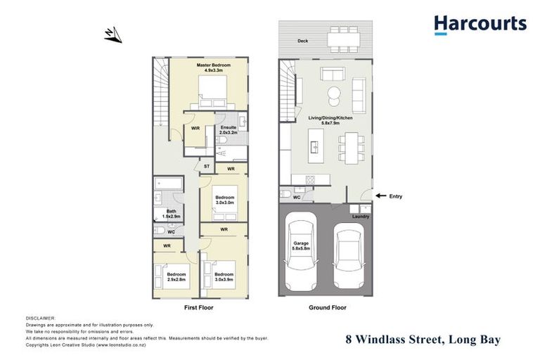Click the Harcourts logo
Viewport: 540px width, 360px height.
click(x=480, y=25)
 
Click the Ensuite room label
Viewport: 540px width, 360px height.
click(x=229, y=128)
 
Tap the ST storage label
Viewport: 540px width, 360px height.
click(x=206, y=166)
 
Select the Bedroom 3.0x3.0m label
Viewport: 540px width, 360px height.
click(x=224, y=200)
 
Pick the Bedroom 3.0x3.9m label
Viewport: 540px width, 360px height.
click(x=224, y=276)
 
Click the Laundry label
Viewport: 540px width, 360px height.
click(x=361, y=217)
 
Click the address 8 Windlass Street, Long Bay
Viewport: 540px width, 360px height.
click(x=423, y=340)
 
